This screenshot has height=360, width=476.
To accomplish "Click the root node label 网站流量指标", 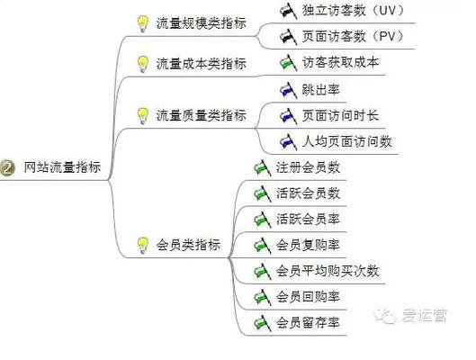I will (62, 166).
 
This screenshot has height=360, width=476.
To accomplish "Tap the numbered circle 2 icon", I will (9, 166).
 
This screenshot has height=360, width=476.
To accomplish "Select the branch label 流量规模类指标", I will (201, 23).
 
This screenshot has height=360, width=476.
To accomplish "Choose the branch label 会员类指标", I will (188, 244).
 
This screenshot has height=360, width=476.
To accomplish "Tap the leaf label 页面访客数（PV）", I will (352, 36).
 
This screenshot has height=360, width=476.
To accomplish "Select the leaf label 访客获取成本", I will (341, 63).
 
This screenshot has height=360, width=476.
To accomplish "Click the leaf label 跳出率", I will (321, 89).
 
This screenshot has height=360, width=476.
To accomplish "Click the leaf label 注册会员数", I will (308, 166).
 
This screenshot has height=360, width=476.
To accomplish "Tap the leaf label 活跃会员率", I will (308, 219).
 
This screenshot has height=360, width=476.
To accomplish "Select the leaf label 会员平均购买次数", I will (328, 271).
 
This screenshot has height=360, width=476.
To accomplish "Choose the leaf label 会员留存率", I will (308, 322).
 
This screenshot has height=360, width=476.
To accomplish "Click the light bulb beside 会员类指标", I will (141, 244).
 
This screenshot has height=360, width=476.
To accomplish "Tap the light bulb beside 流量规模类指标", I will (141, 23).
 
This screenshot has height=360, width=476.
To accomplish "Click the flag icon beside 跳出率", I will (287, 89).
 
